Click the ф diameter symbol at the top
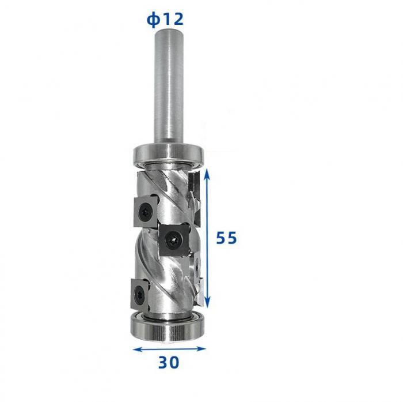point(153,20)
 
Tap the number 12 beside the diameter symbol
point(173,19)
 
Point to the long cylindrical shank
point(169,86)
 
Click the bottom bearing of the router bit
point(168,327)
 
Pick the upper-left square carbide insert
point(146,212)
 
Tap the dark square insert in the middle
point(174,240)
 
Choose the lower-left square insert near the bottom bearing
point(140,294)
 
